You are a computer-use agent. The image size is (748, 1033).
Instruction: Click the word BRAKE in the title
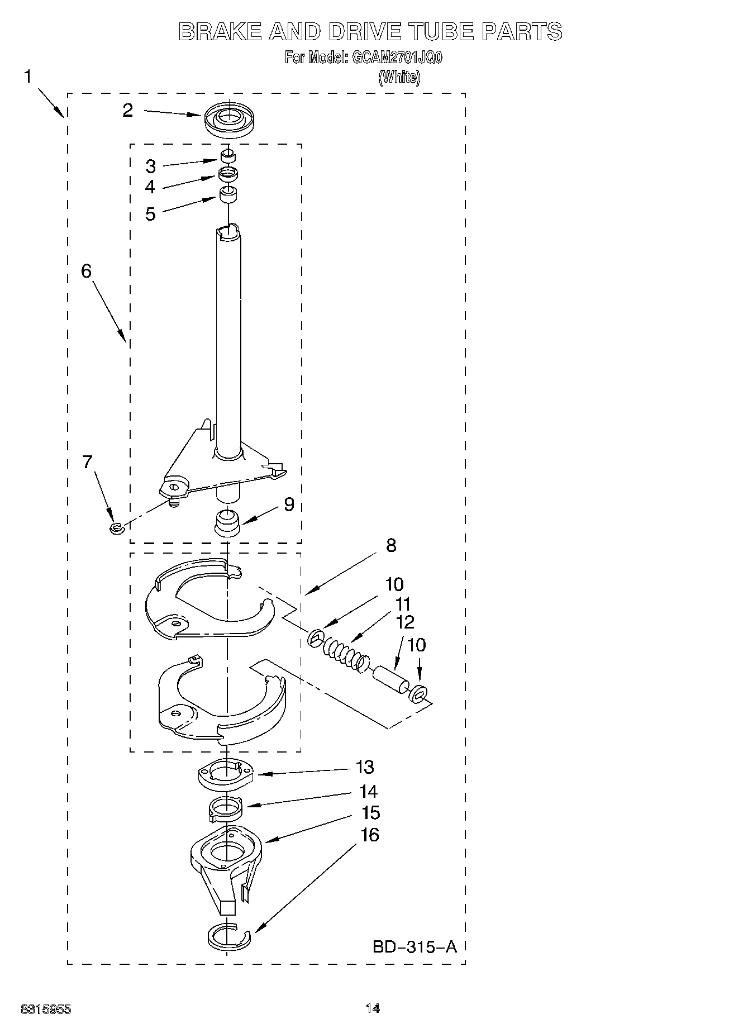(x=220, y=32)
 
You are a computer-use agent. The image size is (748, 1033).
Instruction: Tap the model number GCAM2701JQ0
(x=396, y=58)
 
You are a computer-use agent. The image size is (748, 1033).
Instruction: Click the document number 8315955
(x=46, y=1009)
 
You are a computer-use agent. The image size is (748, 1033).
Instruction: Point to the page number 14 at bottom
(x=373, y=1008)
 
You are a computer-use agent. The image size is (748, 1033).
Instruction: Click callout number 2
(x=128, y=110)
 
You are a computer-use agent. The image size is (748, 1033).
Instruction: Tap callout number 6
(x=86, y=271)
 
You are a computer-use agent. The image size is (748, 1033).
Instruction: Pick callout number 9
(x=288, y=504)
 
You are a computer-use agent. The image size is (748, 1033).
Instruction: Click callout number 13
(x=365, y=767)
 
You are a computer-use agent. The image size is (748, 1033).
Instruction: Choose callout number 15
(x=370, y=812)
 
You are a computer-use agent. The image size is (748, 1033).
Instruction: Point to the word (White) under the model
(x=399, y=77)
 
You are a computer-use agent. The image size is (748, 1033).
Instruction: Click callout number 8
(x=390, y=545)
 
